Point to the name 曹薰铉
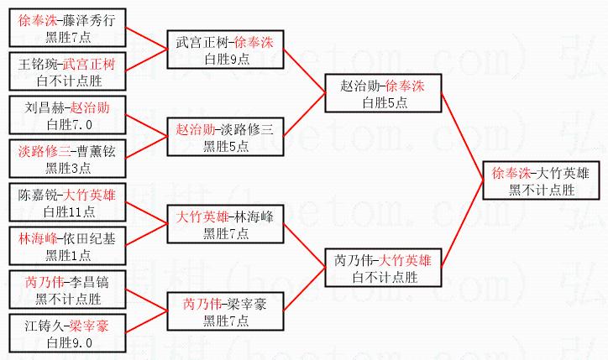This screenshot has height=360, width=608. [93, 154]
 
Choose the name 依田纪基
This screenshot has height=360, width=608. [93, 238]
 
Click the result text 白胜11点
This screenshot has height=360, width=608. [67, 211]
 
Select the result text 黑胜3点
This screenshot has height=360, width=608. [67, 169]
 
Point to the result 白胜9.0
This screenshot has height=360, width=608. [67, 342]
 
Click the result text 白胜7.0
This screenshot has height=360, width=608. [67, 124]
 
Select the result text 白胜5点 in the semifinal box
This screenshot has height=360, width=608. [383, 102]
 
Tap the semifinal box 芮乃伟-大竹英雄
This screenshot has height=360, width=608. [383, 268]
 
